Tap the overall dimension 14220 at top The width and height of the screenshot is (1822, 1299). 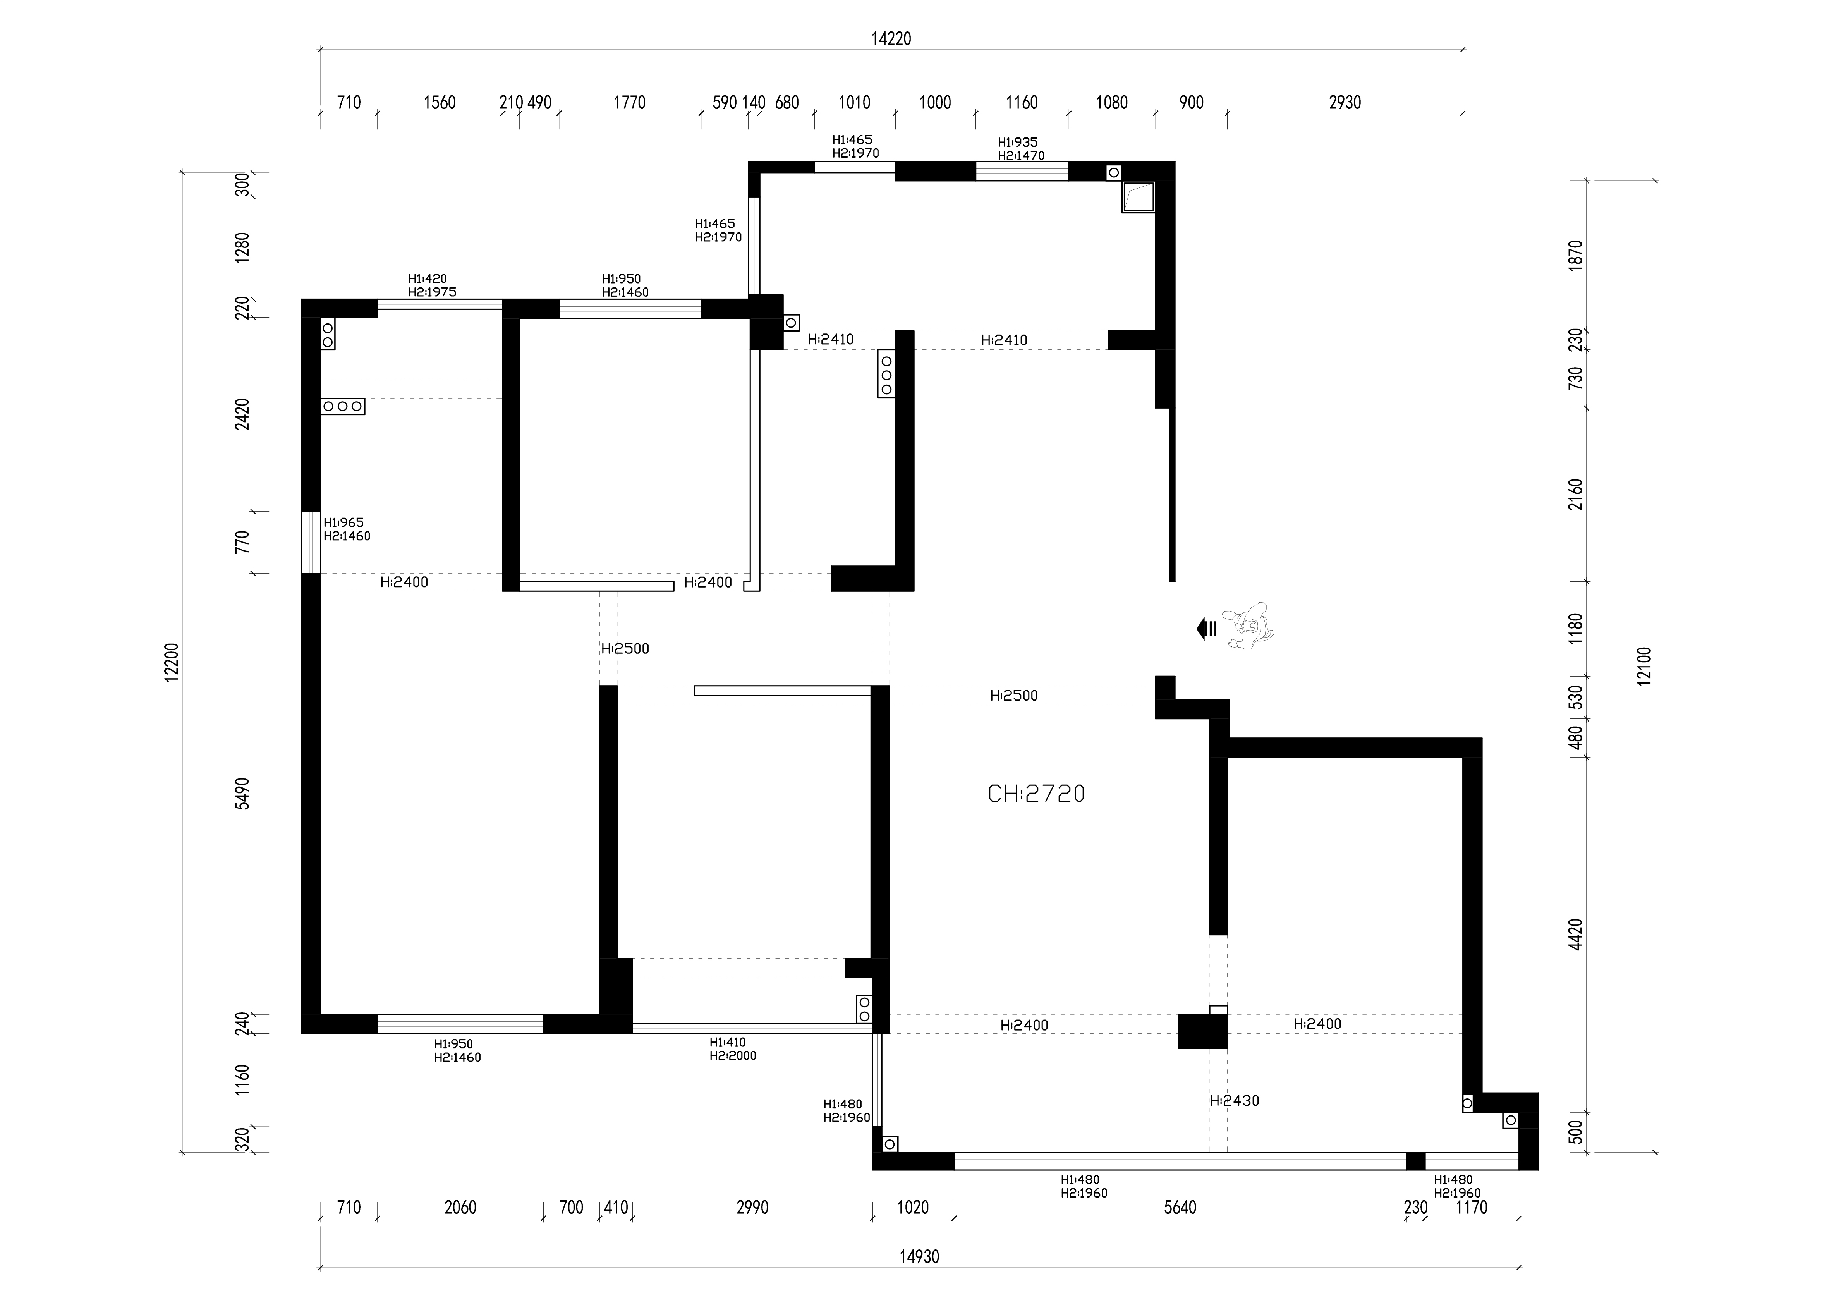[891, 38]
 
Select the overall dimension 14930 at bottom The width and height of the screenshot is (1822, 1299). [919, 1257]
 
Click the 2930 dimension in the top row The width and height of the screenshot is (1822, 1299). [1345, 102]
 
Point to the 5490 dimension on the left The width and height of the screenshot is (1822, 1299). [242, 794]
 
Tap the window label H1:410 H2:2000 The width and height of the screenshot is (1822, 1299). [733, 1049]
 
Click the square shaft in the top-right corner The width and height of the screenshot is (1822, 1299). [1138, 197]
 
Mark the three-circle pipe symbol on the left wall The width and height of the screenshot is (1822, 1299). [343, 406]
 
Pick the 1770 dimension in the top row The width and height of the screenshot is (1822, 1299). [629, 102]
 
